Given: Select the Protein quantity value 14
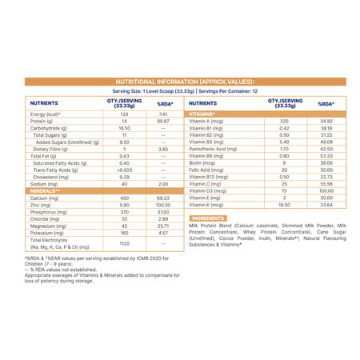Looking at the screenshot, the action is click(125, 121).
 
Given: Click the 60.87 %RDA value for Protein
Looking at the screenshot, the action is click(162, 121).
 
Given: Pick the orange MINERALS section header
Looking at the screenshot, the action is click(46, 190).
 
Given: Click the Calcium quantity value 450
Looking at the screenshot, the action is click(125, 198).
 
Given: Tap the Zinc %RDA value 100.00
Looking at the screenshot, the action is click(162, 205).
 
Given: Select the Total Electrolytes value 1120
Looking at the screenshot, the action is click(125, 242).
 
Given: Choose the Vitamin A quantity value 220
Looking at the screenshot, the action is click(284, 121).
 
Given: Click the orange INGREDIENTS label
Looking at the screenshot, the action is click(207, 218).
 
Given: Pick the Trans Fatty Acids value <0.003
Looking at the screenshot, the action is click(125, 170).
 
